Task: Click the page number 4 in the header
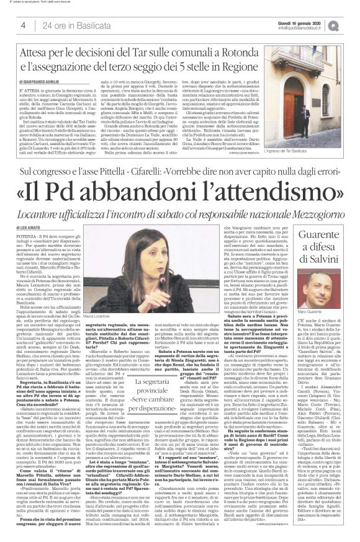pos(23,24)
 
